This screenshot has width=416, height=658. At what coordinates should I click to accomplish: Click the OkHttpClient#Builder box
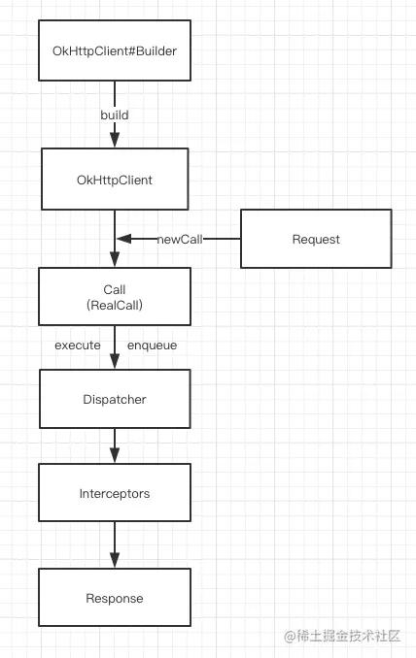(115, 50)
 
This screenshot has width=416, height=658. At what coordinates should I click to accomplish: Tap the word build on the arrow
(115, 115)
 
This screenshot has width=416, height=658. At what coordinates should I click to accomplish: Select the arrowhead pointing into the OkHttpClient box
(115, 140)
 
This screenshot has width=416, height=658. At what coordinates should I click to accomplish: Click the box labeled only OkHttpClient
(115, 180)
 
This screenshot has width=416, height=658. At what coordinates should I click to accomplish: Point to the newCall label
(180, 239)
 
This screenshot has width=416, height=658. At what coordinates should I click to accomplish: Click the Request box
(316, 239)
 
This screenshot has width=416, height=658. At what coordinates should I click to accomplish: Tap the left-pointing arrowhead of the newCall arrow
(124, 239)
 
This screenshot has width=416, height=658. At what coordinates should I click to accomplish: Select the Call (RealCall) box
(115, 296)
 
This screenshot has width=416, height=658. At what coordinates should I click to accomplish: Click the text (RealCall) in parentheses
(115, 305)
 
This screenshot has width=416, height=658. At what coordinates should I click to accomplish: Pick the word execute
(78, 345)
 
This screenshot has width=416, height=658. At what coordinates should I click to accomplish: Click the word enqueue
(153, 345)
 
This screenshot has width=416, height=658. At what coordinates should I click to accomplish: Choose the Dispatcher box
(115, 399)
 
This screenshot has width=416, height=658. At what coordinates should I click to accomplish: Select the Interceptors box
(115, 493)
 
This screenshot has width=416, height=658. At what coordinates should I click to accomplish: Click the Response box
(115, 598)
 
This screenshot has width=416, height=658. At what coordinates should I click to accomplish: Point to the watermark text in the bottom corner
(342, 637)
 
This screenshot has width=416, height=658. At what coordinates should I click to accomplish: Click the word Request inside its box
(316, 239)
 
